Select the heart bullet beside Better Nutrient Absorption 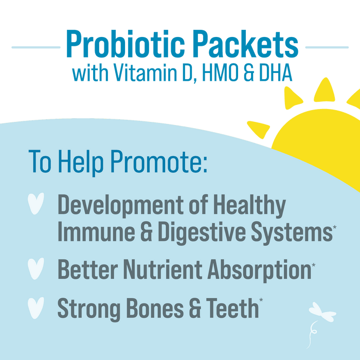point(37,268)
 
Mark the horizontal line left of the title point(33,47)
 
